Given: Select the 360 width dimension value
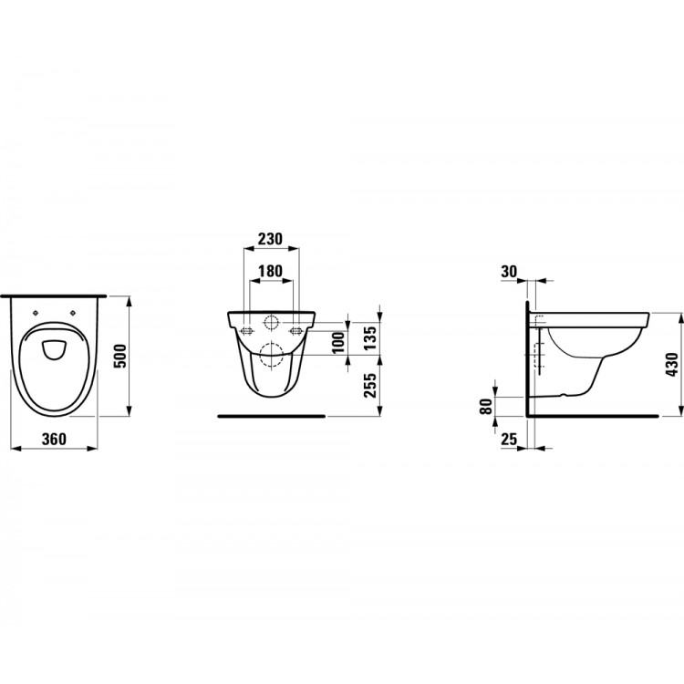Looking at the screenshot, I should tap(56, 439).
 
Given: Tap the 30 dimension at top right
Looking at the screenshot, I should tap(510, 270).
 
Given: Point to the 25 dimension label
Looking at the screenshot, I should tap(510, 440).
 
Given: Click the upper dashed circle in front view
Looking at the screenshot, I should tap(271, 322).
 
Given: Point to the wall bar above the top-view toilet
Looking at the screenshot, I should tap(54, 295).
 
